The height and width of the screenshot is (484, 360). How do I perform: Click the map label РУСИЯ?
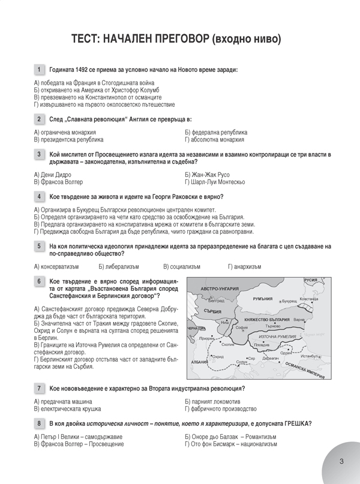(x=310, y=280)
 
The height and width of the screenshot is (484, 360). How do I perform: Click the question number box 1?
(x=39, y=70)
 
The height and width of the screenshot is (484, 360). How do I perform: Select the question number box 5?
(x=39, y=246)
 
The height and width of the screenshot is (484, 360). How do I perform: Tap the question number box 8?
(x=39, y=423)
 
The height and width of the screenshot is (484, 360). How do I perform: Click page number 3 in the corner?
(x=341, y=461)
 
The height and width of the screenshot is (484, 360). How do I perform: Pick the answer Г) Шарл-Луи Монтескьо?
(x=220, y=181)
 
